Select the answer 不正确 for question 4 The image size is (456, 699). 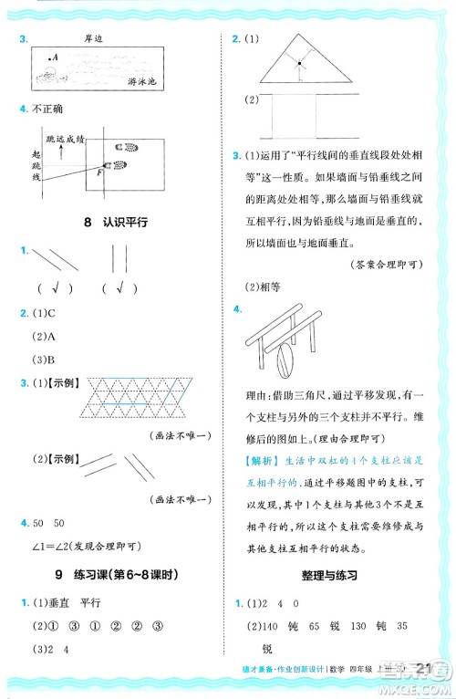[x=50, y=110]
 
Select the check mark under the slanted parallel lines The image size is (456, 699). [x=56, y=288]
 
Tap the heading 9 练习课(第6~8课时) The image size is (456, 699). [x=113, y=575]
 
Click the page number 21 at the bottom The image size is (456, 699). [x=421, y=671]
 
